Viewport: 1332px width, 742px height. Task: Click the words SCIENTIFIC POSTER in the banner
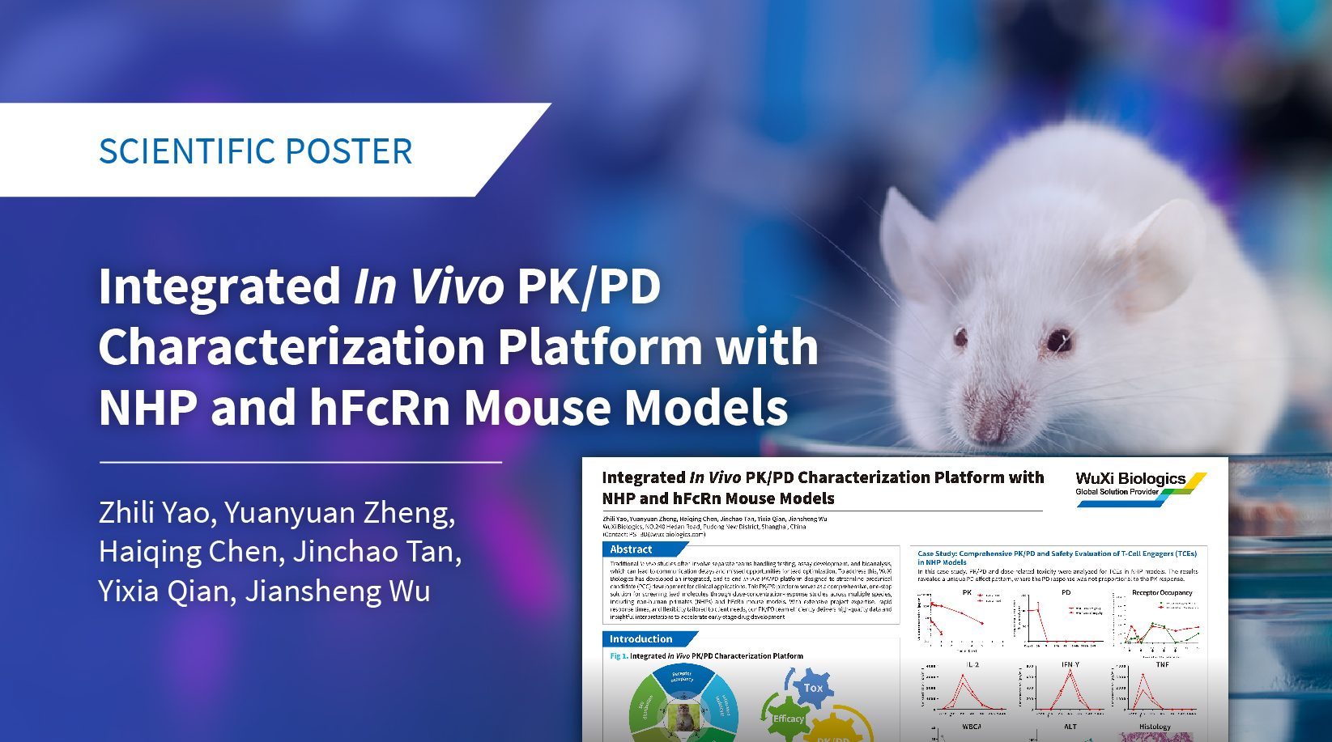coord(255,151)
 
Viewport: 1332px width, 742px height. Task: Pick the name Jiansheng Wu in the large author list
coord(338,591)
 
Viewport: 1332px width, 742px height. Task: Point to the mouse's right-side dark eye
coord(1058,341)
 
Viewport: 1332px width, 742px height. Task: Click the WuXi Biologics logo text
coord(1130,479)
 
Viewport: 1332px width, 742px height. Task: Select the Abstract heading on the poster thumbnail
coord(631,549)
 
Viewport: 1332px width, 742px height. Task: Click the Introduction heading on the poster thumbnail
coord(640,638)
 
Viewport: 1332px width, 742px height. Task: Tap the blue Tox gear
coord(812,689)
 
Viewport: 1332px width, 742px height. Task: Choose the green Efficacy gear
coord(786,717)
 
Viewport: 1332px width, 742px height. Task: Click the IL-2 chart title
coord(972,664)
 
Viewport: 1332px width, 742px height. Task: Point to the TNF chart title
coord(1162,664)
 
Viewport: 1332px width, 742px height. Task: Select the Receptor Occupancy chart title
coord(1162,592)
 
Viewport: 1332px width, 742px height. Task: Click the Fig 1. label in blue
coord(619,656)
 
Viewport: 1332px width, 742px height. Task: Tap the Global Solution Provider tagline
coord(1117,492)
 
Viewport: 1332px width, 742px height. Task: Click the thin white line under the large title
coord(300,462)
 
